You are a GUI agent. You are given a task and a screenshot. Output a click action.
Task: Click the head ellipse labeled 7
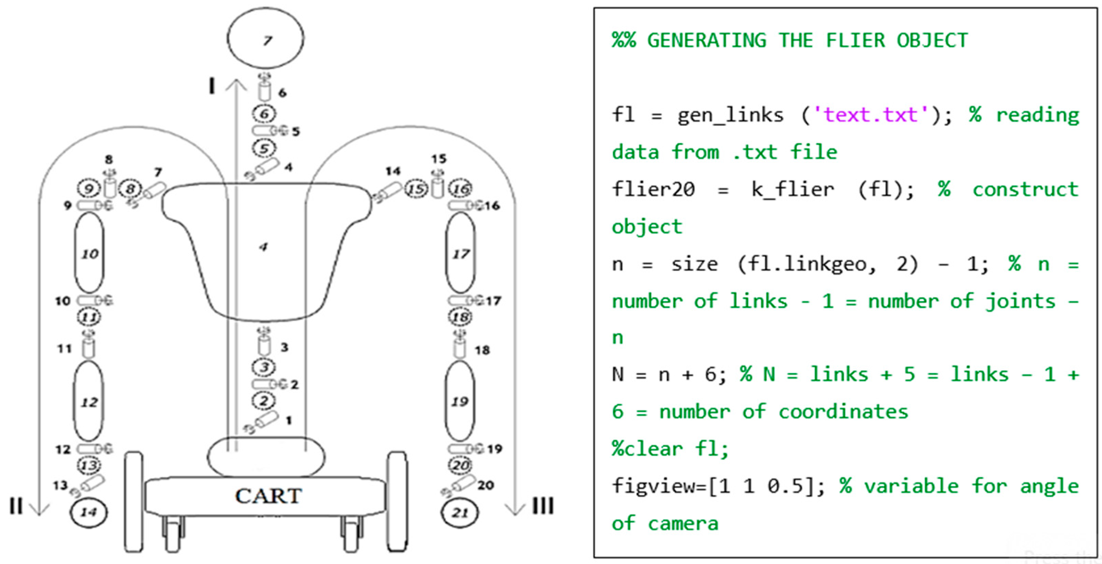tap(265, 39)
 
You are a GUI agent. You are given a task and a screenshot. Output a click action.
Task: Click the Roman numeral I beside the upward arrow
tap(211, 87)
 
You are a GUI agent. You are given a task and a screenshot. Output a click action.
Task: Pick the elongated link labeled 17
tap(460, 253)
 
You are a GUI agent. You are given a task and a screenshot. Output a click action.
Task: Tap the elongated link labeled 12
tap(89, 401)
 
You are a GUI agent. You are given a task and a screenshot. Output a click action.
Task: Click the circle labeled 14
tap(89, 512)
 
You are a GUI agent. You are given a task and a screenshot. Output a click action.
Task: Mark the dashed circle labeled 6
tap(264, 114)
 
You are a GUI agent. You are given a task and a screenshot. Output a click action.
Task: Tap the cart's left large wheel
tap(134, 501)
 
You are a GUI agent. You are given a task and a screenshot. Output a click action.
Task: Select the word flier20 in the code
tap(653, 189)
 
